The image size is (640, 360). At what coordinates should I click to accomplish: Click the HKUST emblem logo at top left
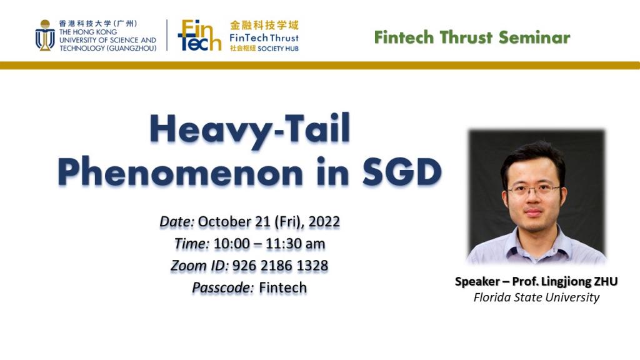pos(44,35)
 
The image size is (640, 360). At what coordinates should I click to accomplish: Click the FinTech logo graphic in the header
pos(199,35)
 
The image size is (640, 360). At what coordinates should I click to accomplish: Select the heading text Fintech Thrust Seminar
pos(472,37)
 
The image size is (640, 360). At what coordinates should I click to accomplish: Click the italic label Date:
pos(178,222)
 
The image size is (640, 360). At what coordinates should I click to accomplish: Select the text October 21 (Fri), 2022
pos(269,222)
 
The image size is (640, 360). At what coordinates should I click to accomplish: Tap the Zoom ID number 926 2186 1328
pos(280,266)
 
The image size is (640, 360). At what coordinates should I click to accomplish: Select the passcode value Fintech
pos(283,287)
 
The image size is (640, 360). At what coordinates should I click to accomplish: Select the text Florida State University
pos(536,297)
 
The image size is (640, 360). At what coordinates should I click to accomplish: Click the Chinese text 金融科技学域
pos(264,26)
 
